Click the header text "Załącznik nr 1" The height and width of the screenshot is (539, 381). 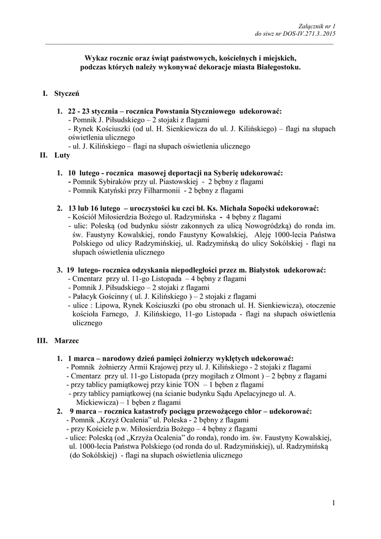tap(316, 26)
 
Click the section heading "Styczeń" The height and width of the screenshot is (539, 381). tap(66, 93)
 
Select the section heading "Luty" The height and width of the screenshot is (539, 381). tap(62, 156)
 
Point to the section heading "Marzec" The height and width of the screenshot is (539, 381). tap(66, 341)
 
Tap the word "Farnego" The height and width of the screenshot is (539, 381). tap(112, 314)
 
